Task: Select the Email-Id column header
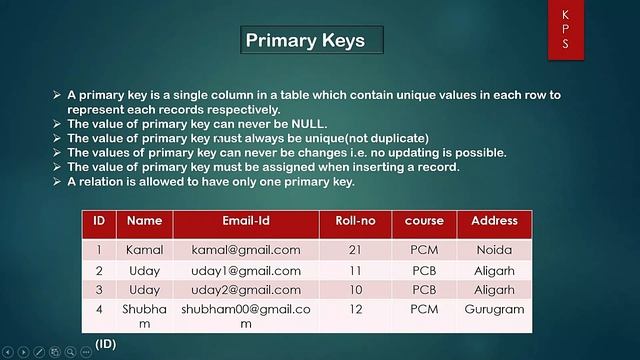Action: click(x=245, y=221)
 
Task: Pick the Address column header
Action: click(x=494, y=221)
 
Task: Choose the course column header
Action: click(x=424, y=221)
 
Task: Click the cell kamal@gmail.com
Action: click(x=245, y=250)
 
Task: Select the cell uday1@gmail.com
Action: click(x=245, y=271)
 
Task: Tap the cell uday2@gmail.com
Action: click(x=245, y=290)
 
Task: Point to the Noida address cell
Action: click(x=494, y=250)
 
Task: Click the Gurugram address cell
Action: click(x=494, y=310)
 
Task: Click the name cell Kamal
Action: click(x=144, y=250)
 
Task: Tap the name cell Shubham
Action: click(x=144, y=316)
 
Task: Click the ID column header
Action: click(x=99, y=221)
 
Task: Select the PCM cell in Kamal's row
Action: click(x=424, y=250)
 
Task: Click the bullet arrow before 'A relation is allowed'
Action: click(x=57, y=182)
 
